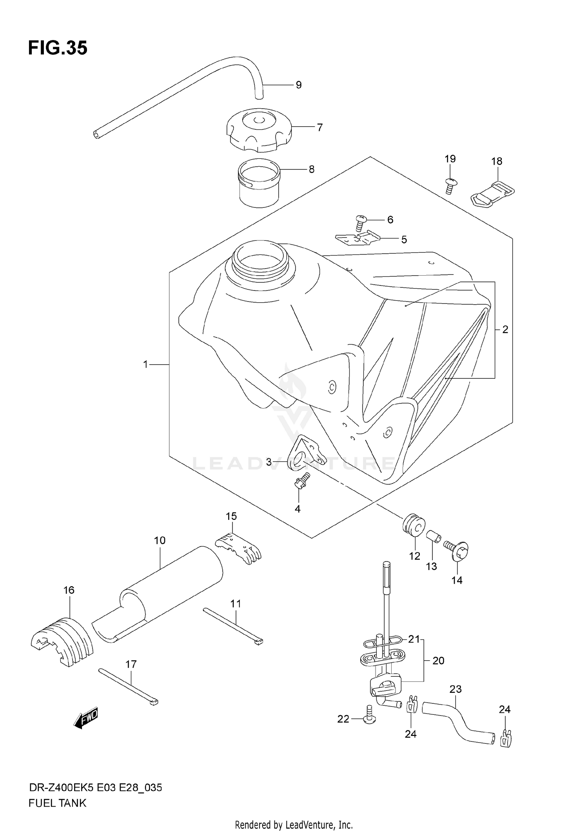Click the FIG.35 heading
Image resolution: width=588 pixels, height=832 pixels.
point(58,48)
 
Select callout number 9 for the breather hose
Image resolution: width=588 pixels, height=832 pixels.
point(299,85)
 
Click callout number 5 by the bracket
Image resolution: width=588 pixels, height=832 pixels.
point(404,240)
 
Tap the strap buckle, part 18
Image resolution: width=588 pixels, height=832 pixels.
point(492,193)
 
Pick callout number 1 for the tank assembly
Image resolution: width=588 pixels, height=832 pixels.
point(145,365)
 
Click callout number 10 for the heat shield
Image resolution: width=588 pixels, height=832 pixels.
point(160,541)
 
